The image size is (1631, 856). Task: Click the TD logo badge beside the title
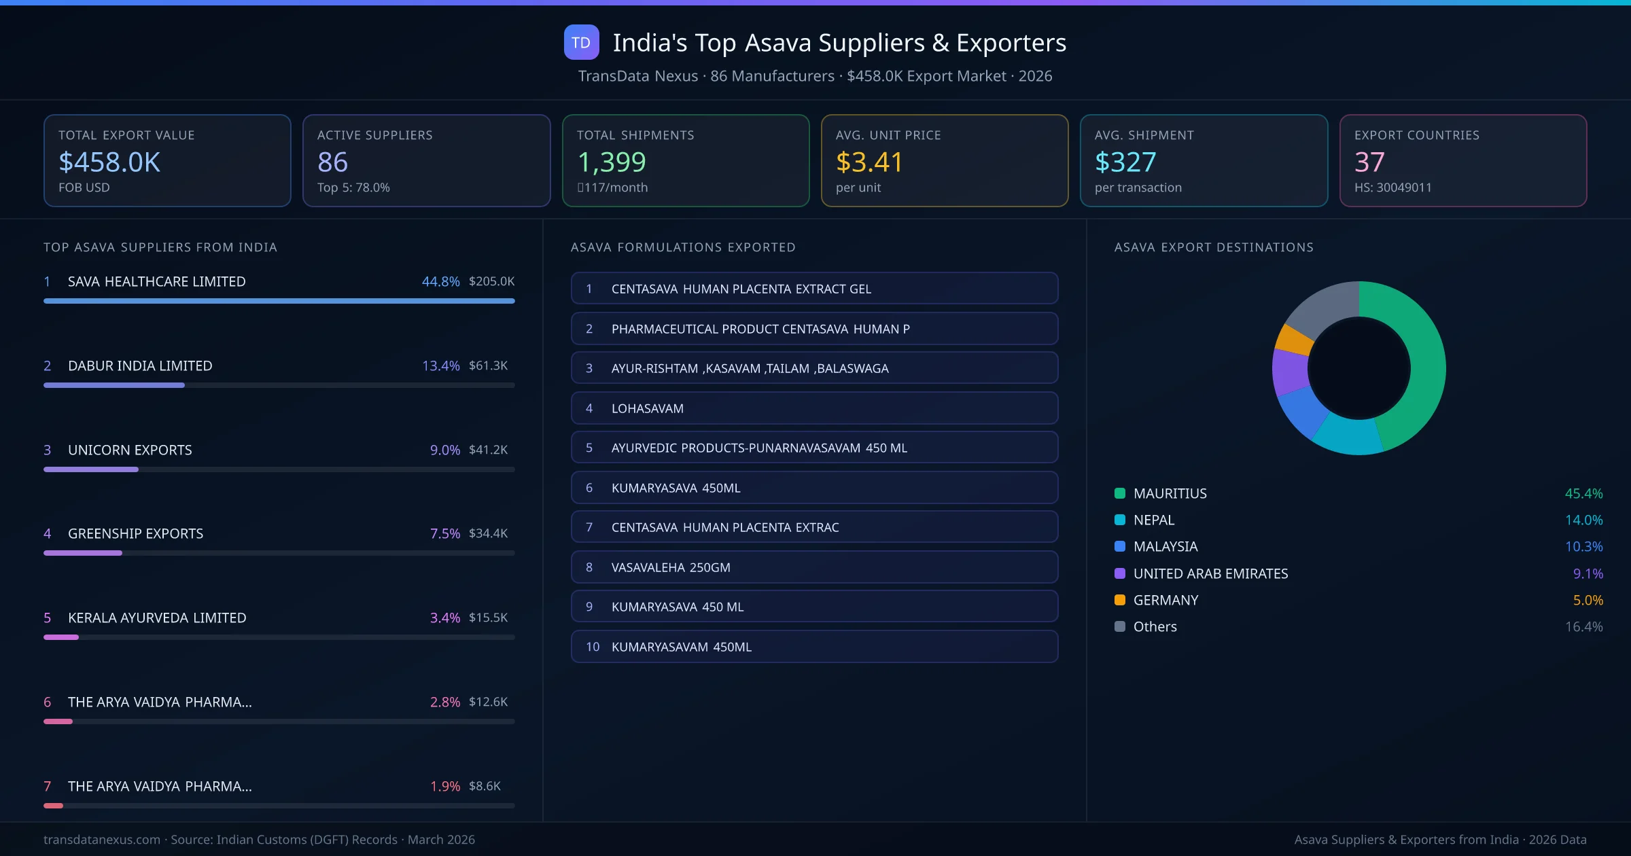(581, 43)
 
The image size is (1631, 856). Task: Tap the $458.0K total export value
(109, 162)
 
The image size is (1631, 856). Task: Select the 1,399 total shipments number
(611, 162)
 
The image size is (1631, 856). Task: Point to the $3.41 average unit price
(869, 162)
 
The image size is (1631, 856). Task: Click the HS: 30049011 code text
(1392, 188)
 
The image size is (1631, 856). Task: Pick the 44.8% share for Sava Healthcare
(440, 281)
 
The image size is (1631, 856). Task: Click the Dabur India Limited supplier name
(140, 365)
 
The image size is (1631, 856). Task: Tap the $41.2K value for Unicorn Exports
(488, 450)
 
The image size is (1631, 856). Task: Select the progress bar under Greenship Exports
(279, 553)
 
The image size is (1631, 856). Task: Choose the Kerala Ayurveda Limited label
(157, 618)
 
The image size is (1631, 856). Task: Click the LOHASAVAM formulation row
(814, 408)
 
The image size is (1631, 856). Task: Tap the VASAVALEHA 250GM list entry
(814, 567)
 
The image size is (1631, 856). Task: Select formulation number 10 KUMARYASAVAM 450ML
(814, 647)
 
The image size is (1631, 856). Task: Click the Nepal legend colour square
(1120, 520)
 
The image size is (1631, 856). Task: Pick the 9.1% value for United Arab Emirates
(1588, 574)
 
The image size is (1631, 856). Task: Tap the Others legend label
(1155, 627)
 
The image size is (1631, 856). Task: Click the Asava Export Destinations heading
(1213, 247)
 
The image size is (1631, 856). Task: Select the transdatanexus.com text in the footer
(102, 840)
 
